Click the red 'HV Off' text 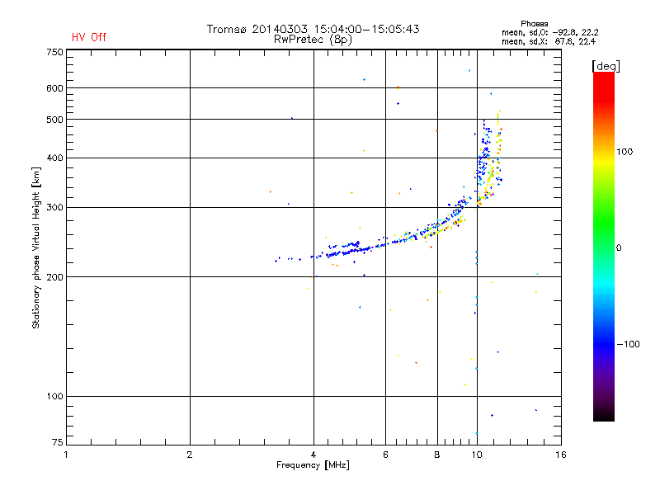click(x=88, y=37)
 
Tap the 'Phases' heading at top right click(x=535, y=23)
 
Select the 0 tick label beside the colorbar click(x=620, y=247)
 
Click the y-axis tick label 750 click(x=54, y=52)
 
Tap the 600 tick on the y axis click(x=54, y=88)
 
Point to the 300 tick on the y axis click(x=54, y=207)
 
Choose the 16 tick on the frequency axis click(x=560, y=455)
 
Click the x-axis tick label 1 click(x=66, y=455)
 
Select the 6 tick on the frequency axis click(x=385, y=455)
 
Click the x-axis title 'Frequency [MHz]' click(x=312, y=465)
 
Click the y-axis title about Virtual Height click(x=35, y=248)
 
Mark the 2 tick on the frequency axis click(x=190, y=455)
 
